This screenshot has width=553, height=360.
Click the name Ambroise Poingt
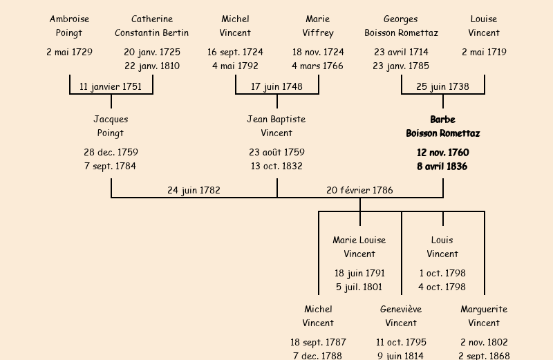click(69, 26)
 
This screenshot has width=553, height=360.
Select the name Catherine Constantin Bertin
click(152, 26)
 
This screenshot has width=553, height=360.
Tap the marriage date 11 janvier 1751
click(111, 86)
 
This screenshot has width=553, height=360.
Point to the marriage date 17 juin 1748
click(276, 86)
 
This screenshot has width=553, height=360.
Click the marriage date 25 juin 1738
click(442, 86)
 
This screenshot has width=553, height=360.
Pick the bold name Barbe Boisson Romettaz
click(442, 126)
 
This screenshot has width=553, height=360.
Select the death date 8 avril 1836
click(442, 166)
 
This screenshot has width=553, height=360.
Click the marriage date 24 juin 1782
click(194, 190)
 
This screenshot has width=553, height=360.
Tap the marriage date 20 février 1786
click(359, 190)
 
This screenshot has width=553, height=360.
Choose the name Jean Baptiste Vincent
click(276, 126)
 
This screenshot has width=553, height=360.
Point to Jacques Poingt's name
click(111, 126)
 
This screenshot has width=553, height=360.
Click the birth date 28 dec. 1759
click(111, 152)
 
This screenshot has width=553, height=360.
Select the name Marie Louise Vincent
click(359, 247)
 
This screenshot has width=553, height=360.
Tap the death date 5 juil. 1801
click(359, 287)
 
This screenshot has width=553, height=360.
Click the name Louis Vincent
click(442, 247)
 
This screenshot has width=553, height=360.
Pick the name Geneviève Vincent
click(401, 316)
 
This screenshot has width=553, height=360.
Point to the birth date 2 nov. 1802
click(484, 342)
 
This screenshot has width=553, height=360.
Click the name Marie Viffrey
click(318, 26)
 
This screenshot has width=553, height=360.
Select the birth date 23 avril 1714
click(401, 52)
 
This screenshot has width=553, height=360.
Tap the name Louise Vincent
click(484, 26)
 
